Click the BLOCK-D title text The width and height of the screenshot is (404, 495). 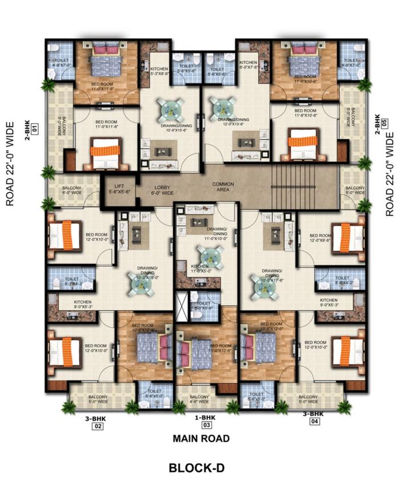[197, 468]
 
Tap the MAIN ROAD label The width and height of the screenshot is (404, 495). [201, 438]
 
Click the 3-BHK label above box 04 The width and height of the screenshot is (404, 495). [313, 414]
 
